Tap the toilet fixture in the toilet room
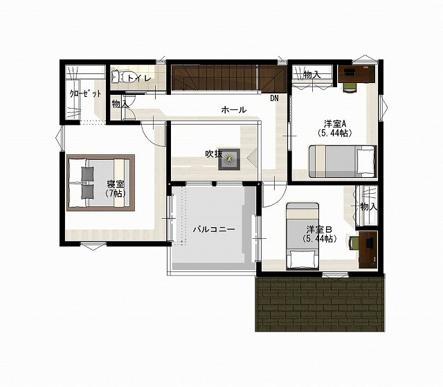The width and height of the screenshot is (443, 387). tap(118, 76)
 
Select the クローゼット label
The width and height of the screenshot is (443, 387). tap(85, 93)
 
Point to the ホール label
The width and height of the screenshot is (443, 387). tap(234, 109)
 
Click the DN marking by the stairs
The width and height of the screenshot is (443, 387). tap(274, 98)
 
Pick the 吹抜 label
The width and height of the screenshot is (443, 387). tap(213, 154)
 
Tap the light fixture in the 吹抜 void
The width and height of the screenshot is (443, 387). tap(229, 160)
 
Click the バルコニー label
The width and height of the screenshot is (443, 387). tap(214, 229)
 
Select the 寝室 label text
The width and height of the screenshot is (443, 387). tap(116, 184)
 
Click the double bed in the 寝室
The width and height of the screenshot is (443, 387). tap(100, 183)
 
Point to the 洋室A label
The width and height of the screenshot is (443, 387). tap(335, 123)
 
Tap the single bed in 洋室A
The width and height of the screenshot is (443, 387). tap(343, 161)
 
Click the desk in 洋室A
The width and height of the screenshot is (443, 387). tap(356, 73)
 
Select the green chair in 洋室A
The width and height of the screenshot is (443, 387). tap(350, 87)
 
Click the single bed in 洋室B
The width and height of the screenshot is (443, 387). tap(302, 236)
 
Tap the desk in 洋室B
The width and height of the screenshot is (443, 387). tap(368, 250)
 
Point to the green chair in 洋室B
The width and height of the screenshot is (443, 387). tap(354, 243)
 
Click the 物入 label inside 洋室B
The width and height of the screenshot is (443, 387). tap(369, 207)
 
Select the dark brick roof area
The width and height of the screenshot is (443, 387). tap(320, 304)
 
